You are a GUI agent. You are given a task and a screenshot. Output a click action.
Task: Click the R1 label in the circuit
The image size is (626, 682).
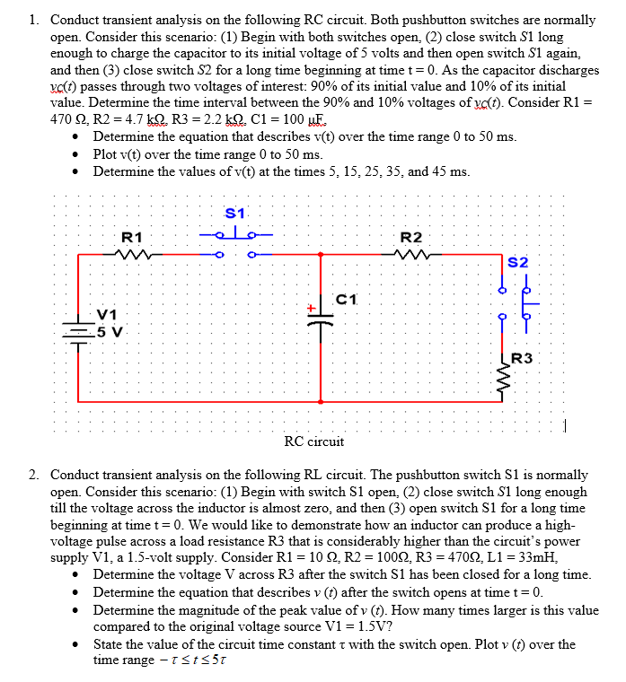point(132,237)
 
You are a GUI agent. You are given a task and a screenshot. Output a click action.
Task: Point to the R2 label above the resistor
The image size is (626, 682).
point(411,237)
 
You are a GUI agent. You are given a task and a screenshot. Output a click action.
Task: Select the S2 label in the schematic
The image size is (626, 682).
point(518,263)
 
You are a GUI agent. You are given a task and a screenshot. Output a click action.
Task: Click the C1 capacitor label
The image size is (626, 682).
point(347,298)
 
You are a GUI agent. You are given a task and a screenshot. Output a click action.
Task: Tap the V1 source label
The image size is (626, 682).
point(108,314)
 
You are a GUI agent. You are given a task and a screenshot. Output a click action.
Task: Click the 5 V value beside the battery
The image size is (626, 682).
point(108,328)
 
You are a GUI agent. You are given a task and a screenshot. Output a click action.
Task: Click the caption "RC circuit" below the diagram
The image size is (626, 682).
point(313,442)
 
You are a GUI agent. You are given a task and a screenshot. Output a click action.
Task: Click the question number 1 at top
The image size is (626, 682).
point(33,19)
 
